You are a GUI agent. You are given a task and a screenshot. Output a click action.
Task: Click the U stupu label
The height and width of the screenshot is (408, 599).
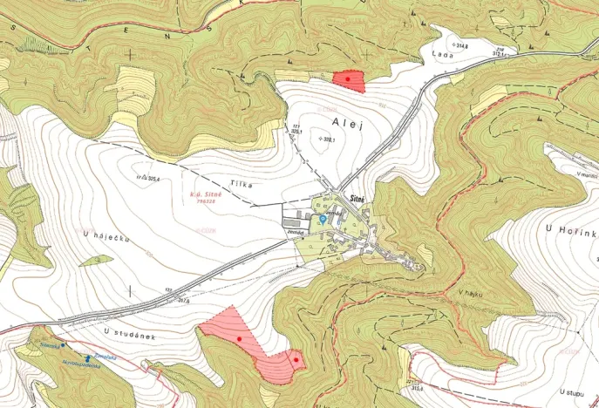(x=575, y=392)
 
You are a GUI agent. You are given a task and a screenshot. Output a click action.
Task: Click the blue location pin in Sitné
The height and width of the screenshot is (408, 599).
(x=322, y=220)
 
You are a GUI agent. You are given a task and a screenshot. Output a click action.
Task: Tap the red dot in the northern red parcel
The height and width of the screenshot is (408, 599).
(x=349, y=79)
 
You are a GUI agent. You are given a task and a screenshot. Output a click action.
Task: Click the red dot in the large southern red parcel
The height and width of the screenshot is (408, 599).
(x=239, y=337)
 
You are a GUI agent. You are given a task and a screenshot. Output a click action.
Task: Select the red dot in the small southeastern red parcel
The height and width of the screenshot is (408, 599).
(x=296, y=359)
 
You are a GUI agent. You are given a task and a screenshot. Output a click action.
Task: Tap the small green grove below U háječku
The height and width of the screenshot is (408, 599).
(x=94, y=260)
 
